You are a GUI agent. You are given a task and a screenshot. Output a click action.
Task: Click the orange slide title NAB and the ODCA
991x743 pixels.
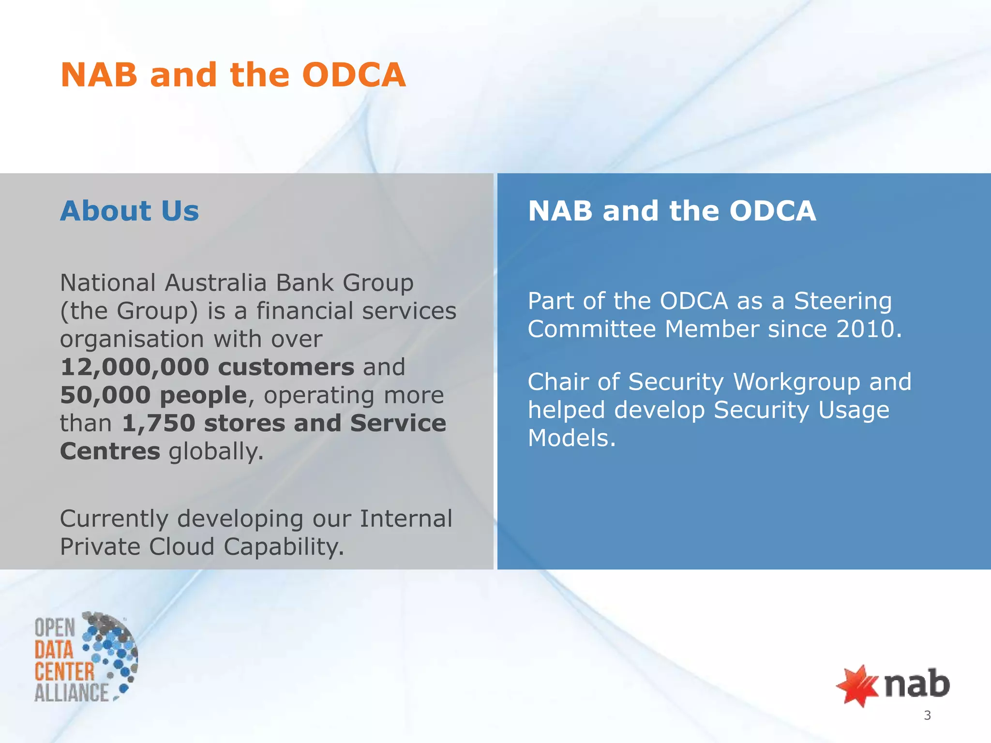pyautogui.click(x=233, y=75)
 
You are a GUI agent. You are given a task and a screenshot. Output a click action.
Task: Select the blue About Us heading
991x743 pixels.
pyautogui.click(x=129, y=211)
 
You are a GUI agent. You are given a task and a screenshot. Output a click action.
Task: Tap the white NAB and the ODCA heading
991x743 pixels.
pyautogui.click(x=672, y=211)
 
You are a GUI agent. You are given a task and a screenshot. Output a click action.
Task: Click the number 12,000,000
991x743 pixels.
pyautogui.click(x=135, y=367)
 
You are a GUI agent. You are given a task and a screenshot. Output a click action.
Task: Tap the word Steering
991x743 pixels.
pyautogui.click(x=842, y=301)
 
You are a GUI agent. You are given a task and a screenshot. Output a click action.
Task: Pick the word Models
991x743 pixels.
pyautogui.click(x=571, y=438)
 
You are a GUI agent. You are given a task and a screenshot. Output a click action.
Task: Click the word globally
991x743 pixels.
pyautogui.click(x=216, y=452)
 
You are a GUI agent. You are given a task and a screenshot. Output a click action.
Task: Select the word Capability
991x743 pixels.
pyautogui.click(x=284, y=547)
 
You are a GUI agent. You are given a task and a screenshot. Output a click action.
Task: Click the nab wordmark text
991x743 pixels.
pyautogui.click(x=917, y=684)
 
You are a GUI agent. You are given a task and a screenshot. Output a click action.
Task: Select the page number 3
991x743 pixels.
pyautogui.click(x=927, y=715)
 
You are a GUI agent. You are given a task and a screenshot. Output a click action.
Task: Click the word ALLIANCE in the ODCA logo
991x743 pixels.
pyautogui.click(x=72, y=693)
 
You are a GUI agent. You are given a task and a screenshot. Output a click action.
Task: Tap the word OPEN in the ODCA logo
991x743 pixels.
pyautogui.click(x=55, y=628)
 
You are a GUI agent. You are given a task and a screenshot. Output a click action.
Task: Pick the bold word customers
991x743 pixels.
pyautogui.click(x=286, y=367)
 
